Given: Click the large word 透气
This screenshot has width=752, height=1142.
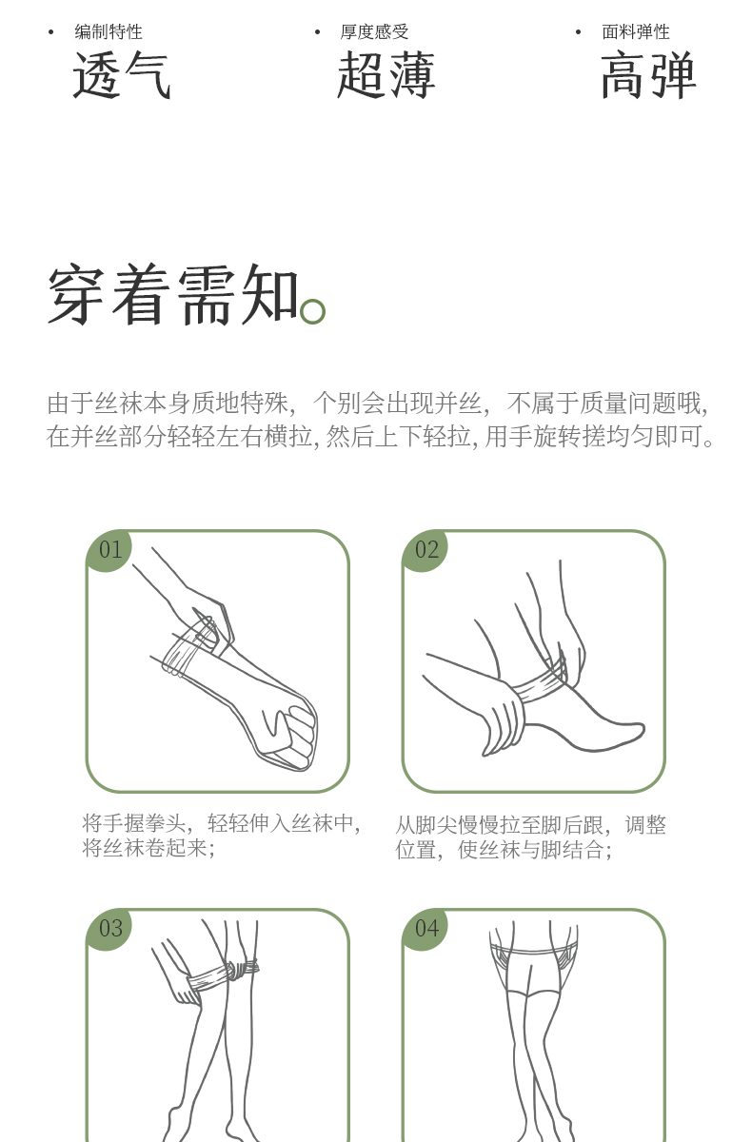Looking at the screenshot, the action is pos(121,75).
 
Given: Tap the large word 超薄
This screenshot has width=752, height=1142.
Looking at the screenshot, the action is pos(386,75).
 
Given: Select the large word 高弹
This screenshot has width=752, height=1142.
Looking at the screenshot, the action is pos(648,75).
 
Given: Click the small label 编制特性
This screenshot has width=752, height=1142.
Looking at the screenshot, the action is pos(109,31).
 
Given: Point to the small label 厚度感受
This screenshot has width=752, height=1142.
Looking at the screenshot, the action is pos(375,31).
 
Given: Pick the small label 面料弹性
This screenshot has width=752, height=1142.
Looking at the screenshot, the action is pos(635,31).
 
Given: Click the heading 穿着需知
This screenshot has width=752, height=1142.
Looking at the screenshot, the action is pos(173,295).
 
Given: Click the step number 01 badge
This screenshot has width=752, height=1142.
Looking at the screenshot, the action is pos(109,551).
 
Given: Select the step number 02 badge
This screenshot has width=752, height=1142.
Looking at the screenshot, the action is pos(425,551).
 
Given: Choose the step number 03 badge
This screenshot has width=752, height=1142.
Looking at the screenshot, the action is pos(109,929).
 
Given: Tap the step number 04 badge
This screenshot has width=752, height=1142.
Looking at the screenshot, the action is pos(425,929).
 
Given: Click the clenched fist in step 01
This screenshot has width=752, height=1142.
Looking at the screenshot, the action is pos(289,734).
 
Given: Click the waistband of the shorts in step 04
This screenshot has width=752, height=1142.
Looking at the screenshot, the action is pos(533,950).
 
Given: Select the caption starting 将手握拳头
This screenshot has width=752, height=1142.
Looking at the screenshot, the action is pos(221,837).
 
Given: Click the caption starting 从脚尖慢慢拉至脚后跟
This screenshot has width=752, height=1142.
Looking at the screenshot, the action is pos(530,837).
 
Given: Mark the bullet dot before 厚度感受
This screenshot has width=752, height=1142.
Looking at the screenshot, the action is pos(318,32).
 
